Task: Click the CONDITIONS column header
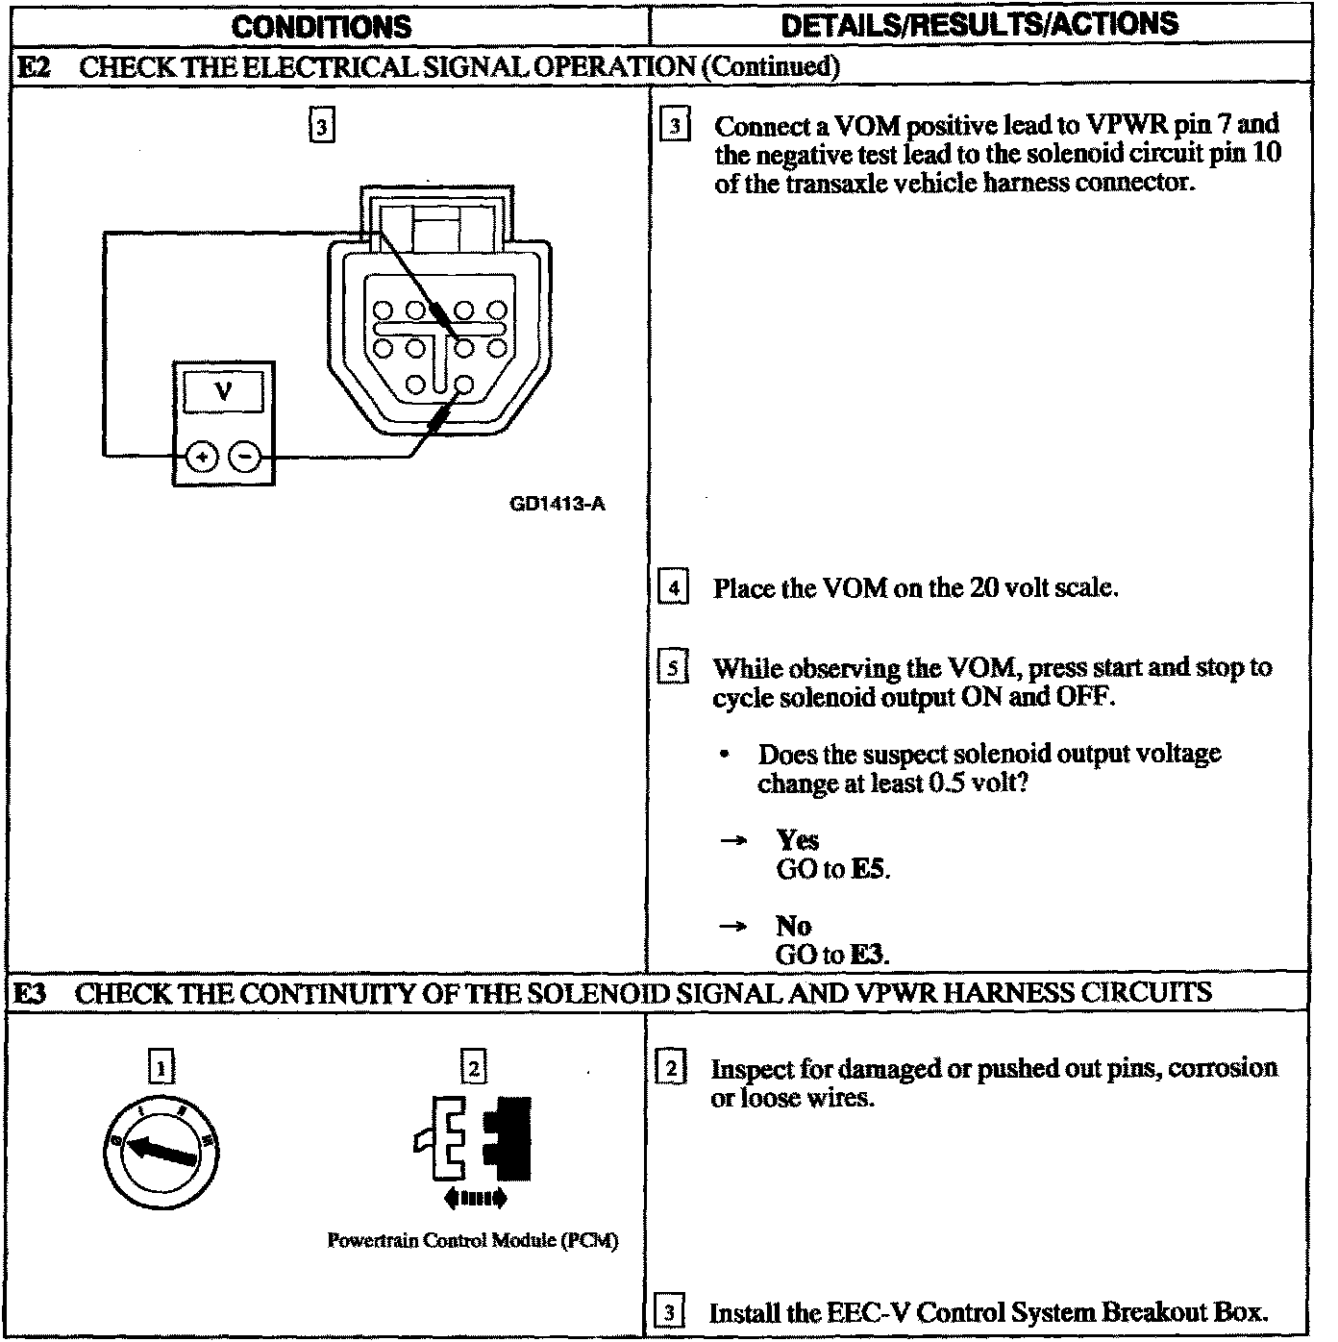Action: point(321,26)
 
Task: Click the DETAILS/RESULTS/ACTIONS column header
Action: point(979,24)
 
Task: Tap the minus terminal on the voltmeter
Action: point(247,457)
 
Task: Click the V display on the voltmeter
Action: point(223,392)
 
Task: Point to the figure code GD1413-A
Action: point(557,504)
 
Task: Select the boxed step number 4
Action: point(674,586)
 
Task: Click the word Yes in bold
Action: point(797,840)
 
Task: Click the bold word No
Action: point(793,926)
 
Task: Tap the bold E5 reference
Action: point(870,870)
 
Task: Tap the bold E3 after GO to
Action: point(869,955)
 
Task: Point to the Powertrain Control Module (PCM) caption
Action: point(473,1241)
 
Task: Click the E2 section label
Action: point(35,66)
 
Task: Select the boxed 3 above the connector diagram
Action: point(321,126)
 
